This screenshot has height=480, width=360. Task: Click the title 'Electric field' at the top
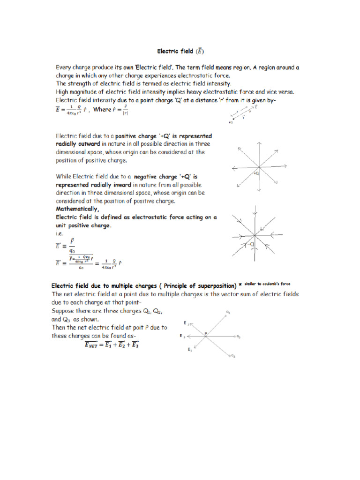175,51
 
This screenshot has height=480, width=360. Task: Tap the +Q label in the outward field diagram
256,173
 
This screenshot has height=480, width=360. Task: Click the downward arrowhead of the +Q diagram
259,190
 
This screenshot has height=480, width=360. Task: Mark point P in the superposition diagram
205,333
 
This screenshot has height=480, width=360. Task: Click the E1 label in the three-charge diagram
190,350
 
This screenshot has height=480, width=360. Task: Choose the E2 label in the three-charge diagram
187,323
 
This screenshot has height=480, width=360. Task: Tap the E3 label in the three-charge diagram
182,337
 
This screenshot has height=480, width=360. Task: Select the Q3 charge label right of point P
238,337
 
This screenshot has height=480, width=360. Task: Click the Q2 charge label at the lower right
232,357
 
